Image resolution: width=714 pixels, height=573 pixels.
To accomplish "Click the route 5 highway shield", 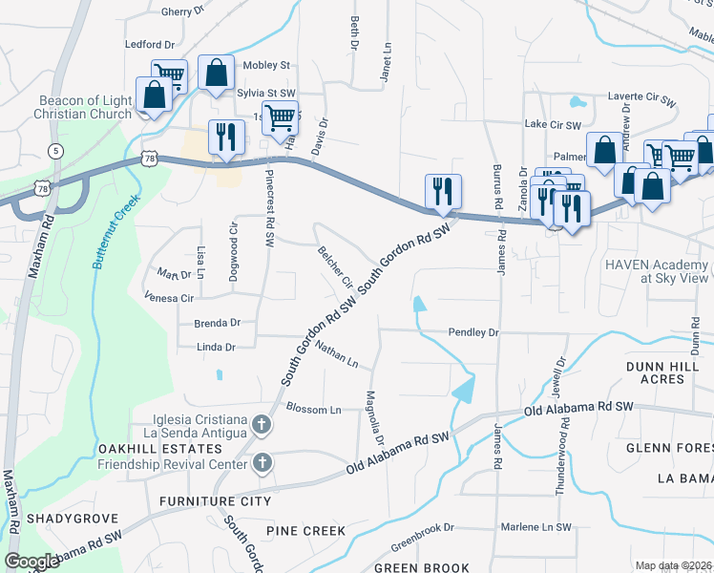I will pyautogui.click(x=56, y=151).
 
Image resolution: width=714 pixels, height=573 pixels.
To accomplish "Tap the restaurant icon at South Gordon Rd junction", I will pyautogui.click(x=443, y=191).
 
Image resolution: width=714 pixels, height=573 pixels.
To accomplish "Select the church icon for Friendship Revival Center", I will pyautogui.click(x=262, y=463).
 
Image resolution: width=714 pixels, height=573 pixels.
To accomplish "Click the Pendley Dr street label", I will pyautogui.click(x=474, y=332).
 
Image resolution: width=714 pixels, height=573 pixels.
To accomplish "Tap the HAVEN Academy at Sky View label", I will pyautogui.click(x=659, y=270).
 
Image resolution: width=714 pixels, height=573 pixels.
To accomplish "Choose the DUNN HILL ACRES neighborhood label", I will pyautogui.click(x=668, y=372).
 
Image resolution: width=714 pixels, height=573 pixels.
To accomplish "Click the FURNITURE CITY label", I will pyautogui.click(x=215, y=501).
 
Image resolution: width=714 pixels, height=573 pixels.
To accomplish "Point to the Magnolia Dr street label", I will pyautogui.click(x=375, y=416).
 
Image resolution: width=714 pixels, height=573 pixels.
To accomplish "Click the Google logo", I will pyautogui.click(x=31, y=562).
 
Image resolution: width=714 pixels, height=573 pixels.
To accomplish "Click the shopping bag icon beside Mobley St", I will pyautogui.click(x=217, y=74).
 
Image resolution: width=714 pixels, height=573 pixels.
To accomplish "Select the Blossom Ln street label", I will pyautogui.click(x=313, y=409).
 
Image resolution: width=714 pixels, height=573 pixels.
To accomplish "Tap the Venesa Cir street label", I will pyautogui.click(x=168, y=298).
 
